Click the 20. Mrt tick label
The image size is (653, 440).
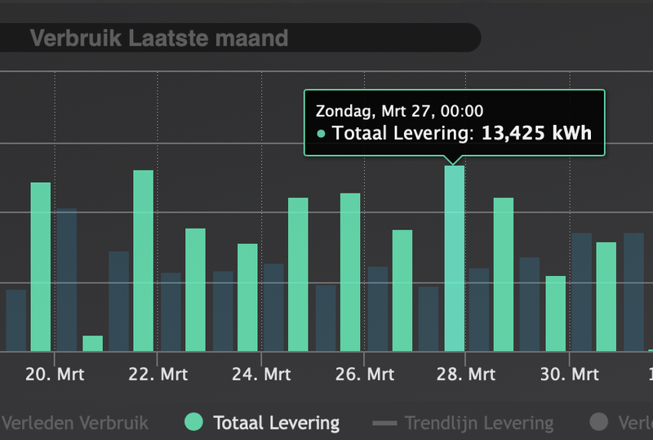(x=54, y=375)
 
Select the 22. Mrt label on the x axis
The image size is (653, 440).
(x=158, y=375)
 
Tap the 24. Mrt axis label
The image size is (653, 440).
(x=261, y=375)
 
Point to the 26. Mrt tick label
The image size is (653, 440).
(x=364, y=375)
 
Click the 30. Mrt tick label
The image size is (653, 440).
(x=569, y=375)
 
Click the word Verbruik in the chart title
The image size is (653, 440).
(x=76, y=38)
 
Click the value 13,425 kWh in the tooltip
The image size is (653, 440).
(x=536, y=133)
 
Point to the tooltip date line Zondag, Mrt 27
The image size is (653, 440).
(x=399, y=111)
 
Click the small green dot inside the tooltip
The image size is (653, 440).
(x=321, y=134)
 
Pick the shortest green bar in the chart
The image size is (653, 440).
(x=93, y=344)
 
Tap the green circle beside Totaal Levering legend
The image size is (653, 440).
(x=193, y=422)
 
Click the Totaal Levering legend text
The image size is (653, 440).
(x=276, y=423)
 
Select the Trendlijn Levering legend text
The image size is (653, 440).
(x=479, y=423)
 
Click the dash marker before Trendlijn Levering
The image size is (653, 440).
(x=384, y=423)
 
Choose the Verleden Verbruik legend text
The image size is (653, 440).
(x=76, y=423)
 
